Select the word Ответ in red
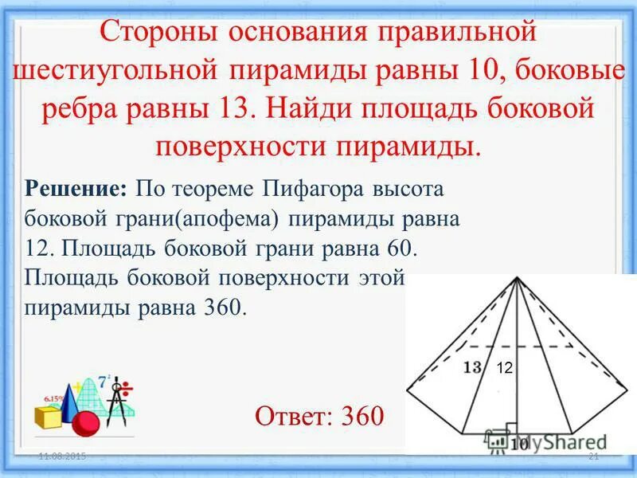[x=294, y=414]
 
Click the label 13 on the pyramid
[x=472, y=368]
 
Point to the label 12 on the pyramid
[x=504, y=368]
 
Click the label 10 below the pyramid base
[x=519, y=444]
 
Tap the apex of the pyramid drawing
[x=518, y=279]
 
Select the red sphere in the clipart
[x=85, y=422]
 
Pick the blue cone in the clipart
[x=69, y=398]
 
